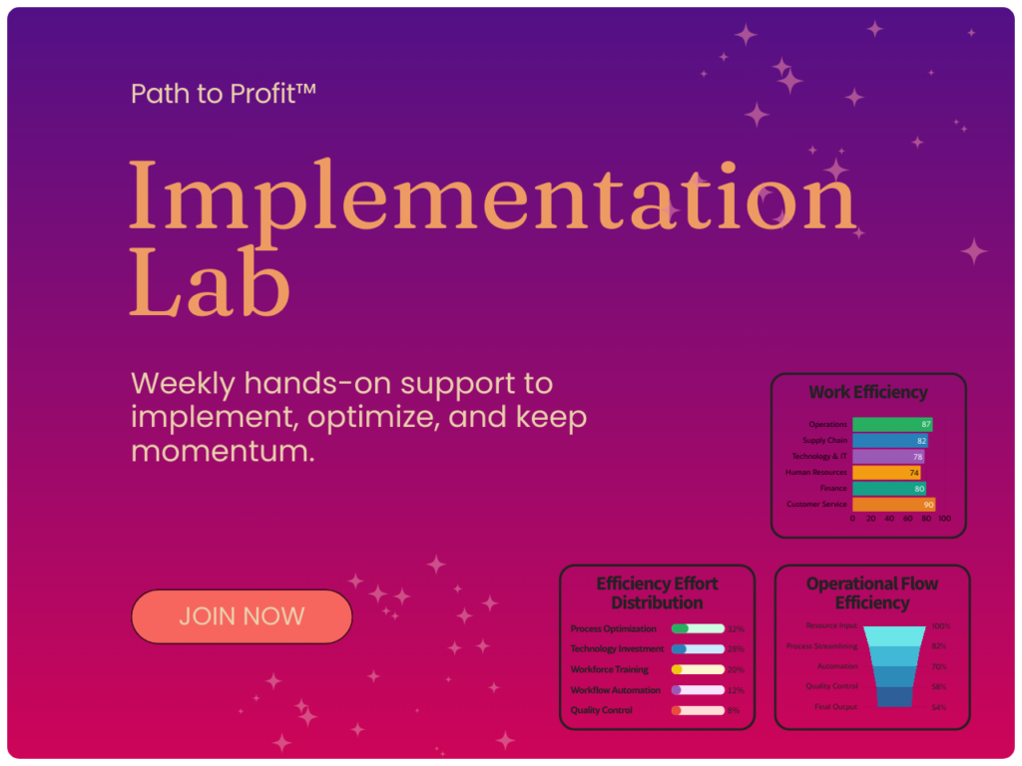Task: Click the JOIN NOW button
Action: tap(242, 616)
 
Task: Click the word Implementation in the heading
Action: tap(492, 195)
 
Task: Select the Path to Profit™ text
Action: tap(224, 94)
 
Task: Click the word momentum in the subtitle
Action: tap(223, 451)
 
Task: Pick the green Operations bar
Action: tap(891, 425)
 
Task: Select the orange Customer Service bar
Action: tap(893, 505)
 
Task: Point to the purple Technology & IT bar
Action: tap(887, 457)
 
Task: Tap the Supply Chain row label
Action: tap(824, 441)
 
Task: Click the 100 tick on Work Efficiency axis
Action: tap(944, 519)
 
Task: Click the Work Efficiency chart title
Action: tap(867, 393)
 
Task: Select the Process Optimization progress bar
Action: tap(698, 629)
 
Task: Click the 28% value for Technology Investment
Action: tap(736, 649)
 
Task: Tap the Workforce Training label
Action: tap(609, 669)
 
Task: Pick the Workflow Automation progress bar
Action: tap(698, 690)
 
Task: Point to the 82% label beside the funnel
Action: tap(938, 646)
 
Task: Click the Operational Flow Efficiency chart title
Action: tap(871, 593)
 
